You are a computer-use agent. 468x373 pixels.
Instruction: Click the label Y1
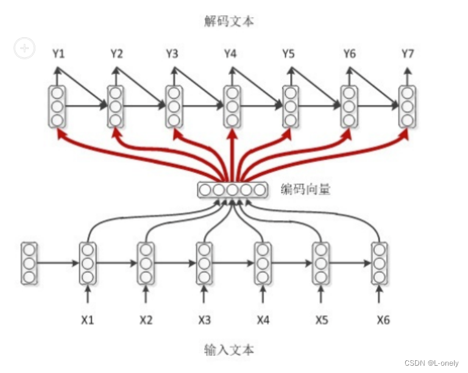(58, 54)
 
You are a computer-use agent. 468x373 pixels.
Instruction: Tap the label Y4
(230, 54)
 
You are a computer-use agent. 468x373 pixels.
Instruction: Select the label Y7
(408, 54)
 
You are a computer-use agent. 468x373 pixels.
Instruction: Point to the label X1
(88, 319)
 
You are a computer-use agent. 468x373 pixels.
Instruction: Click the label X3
(205, 319)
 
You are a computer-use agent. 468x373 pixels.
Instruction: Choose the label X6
(383, 319)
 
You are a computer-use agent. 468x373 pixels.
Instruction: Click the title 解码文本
(229, 22)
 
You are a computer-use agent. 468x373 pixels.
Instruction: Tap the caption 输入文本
(229, 350)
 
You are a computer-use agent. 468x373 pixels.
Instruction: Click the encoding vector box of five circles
(232, 190)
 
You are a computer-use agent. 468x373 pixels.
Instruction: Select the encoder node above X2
(146, 263)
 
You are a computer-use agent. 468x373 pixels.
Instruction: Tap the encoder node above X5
(321, 263)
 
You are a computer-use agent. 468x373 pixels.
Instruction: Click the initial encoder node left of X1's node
(29, 263)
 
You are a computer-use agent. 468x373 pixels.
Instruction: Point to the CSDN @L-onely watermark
(431, 363)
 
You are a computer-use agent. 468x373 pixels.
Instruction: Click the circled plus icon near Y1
(24, 48)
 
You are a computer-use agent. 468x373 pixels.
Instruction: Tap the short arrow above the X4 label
(263, 296)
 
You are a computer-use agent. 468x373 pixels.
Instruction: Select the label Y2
(116, 54)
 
